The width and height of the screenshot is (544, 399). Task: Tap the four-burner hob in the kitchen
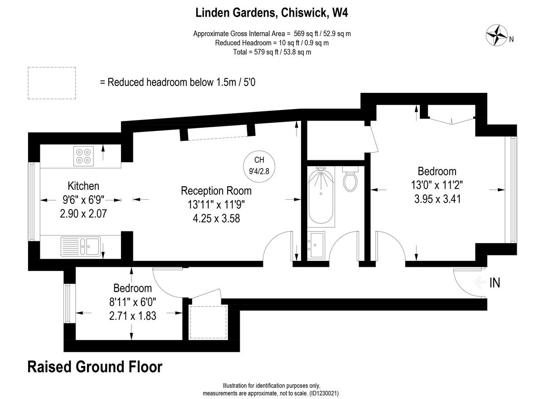(83, 156)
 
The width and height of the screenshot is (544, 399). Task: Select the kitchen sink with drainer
(81, 246)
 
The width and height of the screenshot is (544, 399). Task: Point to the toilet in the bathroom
(350, 179)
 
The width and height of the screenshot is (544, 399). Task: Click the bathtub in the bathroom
(321, 196)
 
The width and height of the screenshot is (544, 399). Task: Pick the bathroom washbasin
(316, 245)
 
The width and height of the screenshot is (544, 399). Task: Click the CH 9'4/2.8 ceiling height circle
(259, 166)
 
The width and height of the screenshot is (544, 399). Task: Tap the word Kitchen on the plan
(83, 186)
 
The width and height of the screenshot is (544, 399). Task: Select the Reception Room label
(216, 191)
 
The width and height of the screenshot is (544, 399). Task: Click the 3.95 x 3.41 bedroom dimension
(437, 199)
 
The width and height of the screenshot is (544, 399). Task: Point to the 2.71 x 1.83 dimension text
(132, 316)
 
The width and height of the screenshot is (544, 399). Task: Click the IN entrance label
(495, 283)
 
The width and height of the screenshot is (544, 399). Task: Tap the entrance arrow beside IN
(479, 282)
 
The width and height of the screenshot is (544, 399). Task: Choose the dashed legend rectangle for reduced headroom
(52, 83)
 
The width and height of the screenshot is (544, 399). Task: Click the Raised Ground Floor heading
(95, 367)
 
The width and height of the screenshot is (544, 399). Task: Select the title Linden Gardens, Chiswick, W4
(272, 13)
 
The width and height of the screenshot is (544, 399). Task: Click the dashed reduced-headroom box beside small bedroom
(208, 322)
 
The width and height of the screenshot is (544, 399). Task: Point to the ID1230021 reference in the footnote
(324, 393)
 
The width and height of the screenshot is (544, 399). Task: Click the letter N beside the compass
(511, 39)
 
